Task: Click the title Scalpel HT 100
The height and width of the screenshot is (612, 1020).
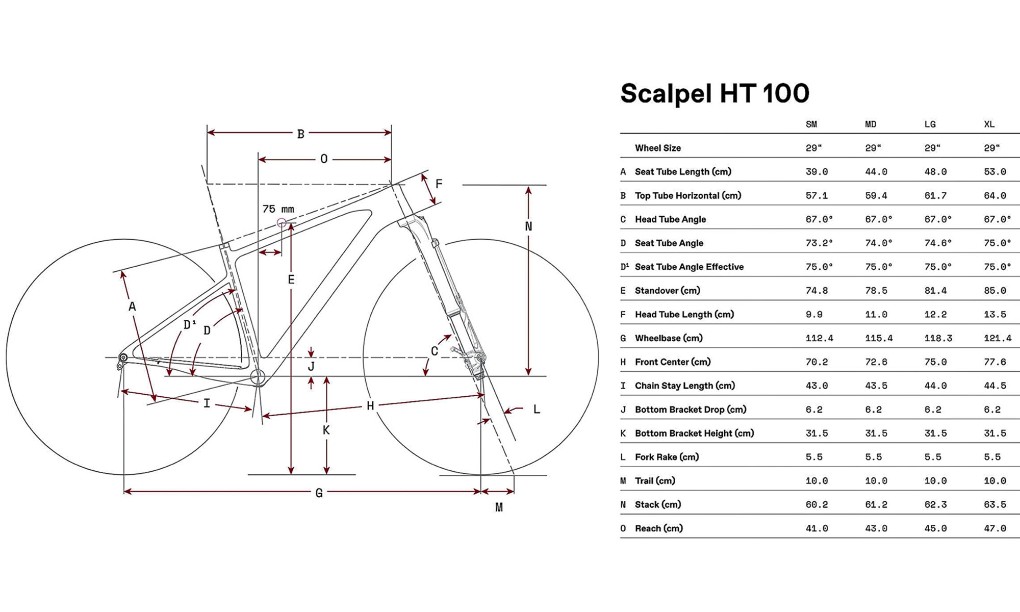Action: [x=715, y=93]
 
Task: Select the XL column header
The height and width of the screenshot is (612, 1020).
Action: [x=989, y=124]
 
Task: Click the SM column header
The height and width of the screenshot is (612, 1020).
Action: [x=811, y=124]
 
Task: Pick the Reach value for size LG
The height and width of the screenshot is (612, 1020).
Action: [x=935, y=528]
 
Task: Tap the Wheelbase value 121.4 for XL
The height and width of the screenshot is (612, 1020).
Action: [x=998, y=338]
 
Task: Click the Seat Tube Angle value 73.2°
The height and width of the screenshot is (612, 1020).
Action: [x=819, y=243]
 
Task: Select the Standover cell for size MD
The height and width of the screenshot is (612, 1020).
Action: [x=876, y=291]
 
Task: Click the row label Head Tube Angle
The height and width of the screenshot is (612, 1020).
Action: [x=670, y=219]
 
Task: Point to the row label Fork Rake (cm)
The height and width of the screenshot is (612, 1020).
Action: [x=667, y=457]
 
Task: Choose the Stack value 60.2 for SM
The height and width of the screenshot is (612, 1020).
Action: [x=817, y=504]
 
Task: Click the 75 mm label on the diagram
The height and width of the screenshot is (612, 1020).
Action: [x=278, y=209]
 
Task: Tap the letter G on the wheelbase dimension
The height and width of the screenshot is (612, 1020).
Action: [x=319, y=493]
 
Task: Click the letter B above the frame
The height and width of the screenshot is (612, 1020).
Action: [x=301, y=134]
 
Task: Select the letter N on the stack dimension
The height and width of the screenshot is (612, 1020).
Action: [x=528, y=226]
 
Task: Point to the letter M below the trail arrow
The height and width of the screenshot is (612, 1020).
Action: [x=499, y=507]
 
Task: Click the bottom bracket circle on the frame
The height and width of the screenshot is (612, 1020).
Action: [x=258, y=377]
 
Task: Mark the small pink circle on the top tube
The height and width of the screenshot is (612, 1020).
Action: [x=281, y=223]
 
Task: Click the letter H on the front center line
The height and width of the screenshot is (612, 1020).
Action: [x=370, y=406]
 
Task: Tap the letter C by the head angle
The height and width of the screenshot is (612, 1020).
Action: [x=434, y=351]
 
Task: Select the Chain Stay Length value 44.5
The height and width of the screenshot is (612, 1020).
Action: [x=994, y=386]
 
